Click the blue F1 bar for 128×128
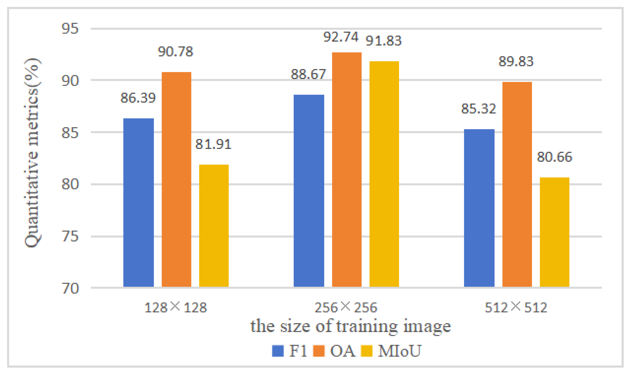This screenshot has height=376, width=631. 138,202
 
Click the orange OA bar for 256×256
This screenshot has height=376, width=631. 347,170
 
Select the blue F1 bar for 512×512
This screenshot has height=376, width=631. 479,208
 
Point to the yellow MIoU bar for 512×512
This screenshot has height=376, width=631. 554,232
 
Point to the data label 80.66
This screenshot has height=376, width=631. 554,157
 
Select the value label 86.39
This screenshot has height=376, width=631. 138,98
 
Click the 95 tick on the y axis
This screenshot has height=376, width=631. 70,29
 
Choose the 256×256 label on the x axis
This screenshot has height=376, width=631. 346,308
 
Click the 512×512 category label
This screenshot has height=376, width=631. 516,308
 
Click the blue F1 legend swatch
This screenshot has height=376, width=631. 278,351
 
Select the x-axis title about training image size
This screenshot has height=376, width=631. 351,327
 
